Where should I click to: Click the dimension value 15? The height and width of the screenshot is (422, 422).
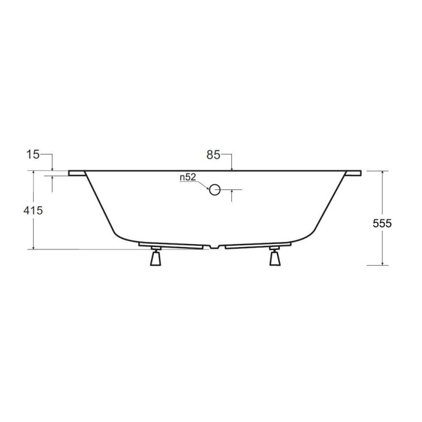(x=33, y=154)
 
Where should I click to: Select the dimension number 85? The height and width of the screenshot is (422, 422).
(x=213, y=154)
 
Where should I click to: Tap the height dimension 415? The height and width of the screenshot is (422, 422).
(x=33, y=210)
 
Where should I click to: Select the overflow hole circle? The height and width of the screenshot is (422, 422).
(x=214, y=189)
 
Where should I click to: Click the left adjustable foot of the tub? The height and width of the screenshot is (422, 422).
(x=156, y=257)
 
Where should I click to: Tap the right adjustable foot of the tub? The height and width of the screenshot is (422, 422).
(x=275, y=257)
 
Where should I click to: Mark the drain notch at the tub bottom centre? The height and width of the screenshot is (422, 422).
(x=216, y=247)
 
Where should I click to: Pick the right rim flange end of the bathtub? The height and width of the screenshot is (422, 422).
(x=353, y=173)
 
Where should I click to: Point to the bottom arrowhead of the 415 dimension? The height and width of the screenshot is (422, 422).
(x=34, y=247)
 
